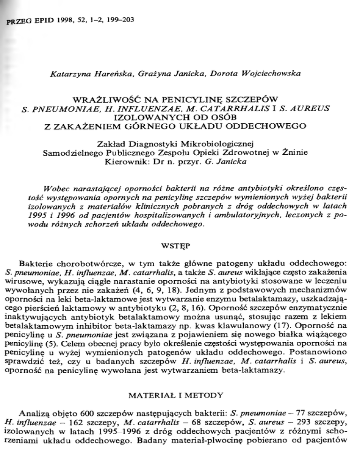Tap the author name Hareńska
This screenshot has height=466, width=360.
pyautogui.click(x=105, y=74)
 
